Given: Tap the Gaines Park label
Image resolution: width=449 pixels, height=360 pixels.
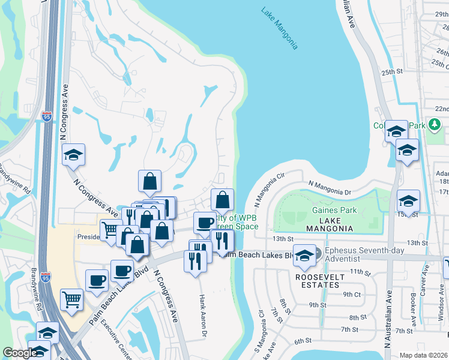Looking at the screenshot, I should coord(334,210).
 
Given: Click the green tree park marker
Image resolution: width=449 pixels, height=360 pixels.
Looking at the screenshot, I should coord(435,125).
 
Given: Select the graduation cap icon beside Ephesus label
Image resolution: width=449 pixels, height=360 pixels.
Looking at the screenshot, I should coord(305,255).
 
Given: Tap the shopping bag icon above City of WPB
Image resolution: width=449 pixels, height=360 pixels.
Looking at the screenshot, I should coord(222,199).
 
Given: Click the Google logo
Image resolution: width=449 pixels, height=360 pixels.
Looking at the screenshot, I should coord(20,353).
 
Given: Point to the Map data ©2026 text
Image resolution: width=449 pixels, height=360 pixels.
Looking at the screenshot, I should coord(423,355).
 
